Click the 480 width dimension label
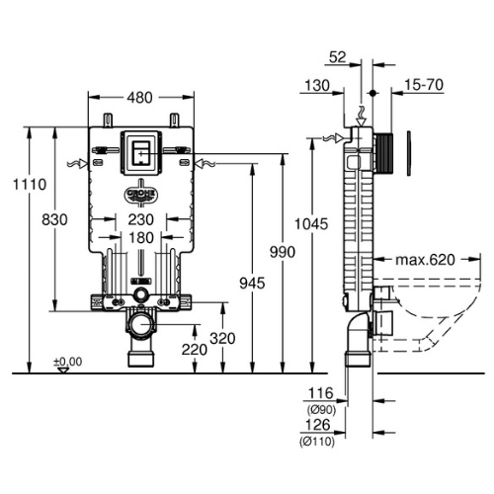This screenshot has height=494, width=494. click(x=140, y=98)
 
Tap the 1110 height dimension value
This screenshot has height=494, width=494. click(x=30, y=185)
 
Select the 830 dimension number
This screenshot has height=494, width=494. click(x=54, y=219)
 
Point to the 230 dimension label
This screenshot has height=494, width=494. click(x=141, y=219)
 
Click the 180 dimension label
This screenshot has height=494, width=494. click(x=141, y=238)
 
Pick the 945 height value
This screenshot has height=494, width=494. click(x=252, y=284)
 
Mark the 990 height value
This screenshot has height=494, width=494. click(x=283, y=252)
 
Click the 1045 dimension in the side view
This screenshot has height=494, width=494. click(x=311, y=224)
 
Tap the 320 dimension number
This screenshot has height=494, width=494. click(x=222, y=338)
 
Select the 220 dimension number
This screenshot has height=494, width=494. click(x=195, y=350)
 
